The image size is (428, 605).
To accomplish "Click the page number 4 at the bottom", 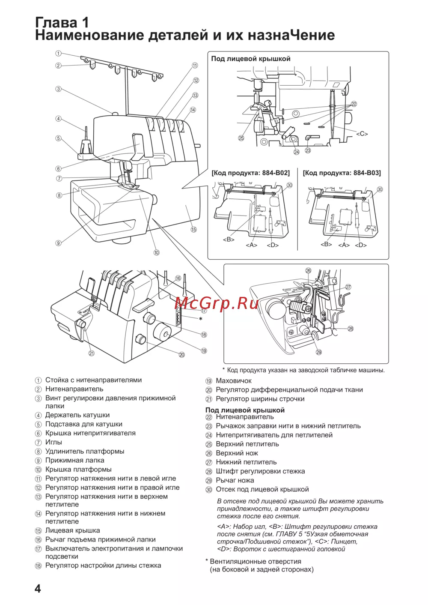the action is tap(38, 588).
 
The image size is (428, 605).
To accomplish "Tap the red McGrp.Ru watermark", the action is tap(217, 303).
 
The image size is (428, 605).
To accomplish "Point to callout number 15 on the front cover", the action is tap(194, 230).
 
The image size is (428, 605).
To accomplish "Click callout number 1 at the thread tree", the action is tap(58, 53).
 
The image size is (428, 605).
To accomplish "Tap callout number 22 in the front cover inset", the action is tap(354, 104).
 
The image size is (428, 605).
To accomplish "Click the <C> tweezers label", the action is tap(362, 134).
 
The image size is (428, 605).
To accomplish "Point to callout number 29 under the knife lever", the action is tap(319, 352).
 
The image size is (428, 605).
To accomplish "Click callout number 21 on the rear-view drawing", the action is tap(92, 353).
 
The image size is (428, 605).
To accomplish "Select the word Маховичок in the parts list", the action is tap(234, 381).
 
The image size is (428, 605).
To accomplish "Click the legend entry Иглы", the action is tap(53, 442).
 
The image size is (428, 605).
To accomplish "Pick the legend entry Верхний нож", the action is tap(237, 453).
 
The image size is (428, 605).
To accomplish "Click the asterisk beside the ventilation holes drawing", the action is tap(200, 319).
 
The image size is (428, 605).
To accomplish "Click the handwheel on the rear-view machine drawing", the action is tap(163, 333).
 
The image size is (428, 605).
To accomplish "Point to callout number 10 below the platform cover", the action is tap(157, 252).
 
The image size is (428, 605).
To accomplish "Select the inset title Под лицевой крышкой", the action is tap(251, 59).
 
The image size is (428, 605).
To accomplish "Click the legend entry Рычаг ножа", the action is tap(235, 480).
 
